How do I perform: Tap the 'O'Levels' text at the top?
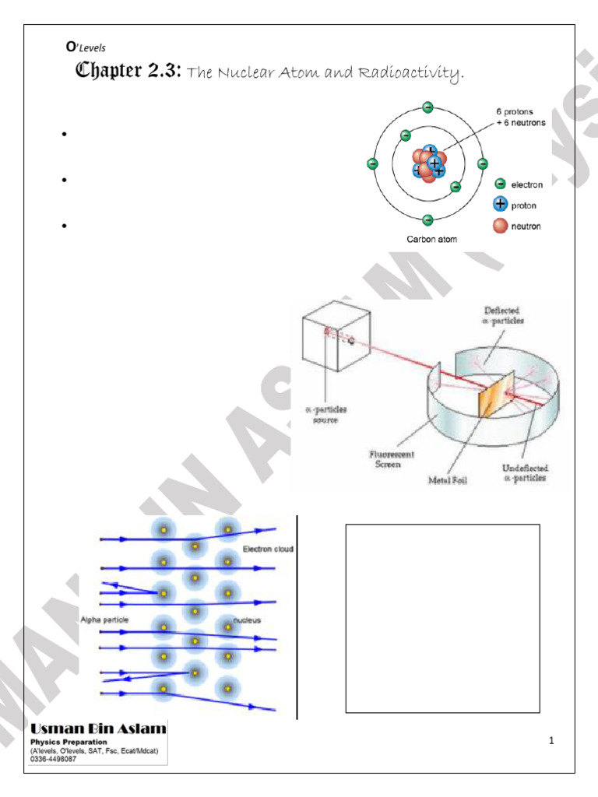pos(86,47)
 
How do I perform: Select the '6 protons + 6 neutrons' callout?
pos(521,117)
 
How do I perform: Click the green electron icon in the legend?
pos(500,184)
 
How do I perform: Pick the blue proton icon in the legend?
pos(500,205)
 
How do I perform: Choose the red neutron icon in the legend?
pos(500,226)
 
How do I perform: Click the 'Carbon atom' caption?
pos(432,240)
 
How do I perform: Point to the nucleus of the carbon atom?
pos(427,163)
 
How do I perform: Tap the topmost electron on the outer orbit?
pos(427,107)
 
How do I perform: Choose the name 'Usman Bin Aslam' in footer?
pos(99,729)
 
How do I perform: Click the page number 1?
pos(551,740)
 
